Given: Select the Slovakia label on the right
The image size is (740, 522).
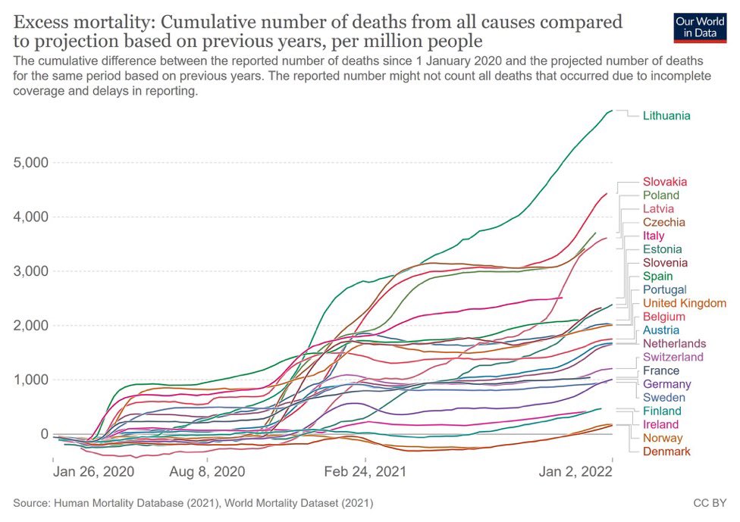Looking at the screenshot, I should [x=665, y=182].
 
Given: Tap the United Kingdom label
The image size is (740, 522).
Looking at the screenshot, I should [x=685, y=303].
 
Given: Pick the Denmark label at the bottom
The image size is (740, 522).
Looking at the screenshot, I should [x=666, y=452].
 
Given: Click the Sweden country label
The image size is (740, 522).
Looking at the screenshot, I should [x=663, y=398].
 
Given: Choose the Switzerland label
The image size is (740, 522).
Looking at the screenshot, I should [x=673, y=357].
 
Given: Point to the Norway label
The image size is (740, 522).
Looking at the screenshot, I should [x=663, y=438].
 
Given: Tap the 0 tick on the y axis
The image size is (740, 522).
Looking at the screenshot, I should [x=43, y=434].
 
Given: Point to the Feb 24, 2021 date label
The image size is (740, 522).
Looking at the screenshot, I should [x=365, y=471].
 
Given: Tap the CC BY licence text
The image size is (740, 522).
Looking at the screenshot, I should [x=710, y=502].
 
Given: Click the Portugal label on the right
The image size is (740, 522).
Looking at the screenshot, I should [x=664, y=289].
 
